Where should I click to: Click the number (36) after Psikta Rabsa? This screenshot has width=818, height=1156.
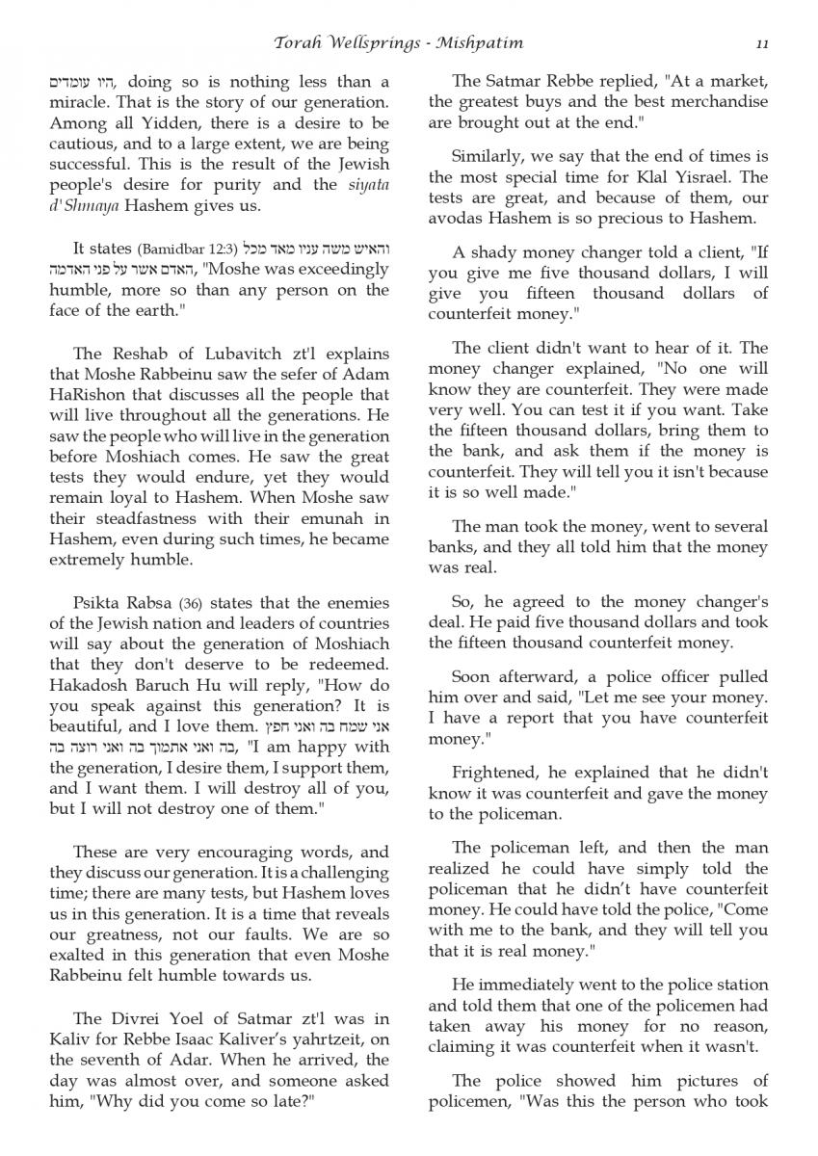[191, 604]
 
